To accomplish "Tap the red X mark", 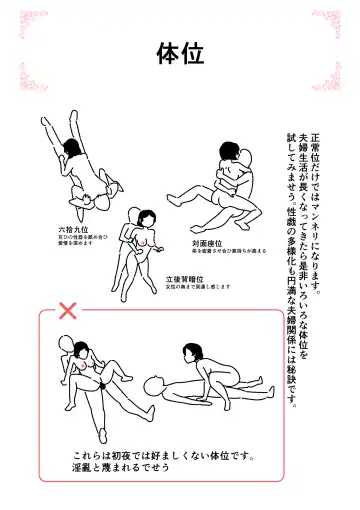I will click(x=68, y=311).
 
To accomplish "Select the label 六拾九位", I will click(x=73, y=230).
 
